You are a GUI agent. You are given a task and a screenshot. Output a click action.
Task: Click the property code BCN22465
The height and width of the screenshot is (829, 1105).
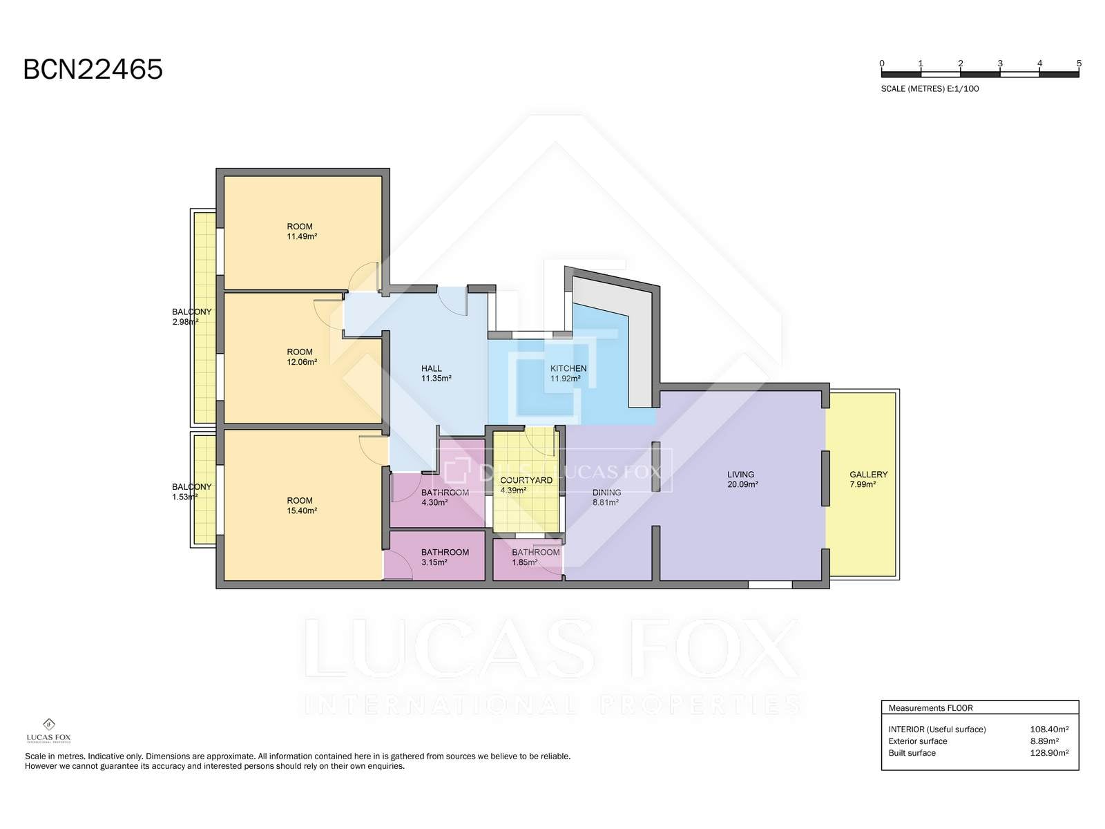click(93, 70)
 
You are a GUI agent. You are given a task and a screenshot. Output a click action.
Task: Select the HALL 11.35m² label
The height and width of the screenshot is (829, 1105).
click(436, 374)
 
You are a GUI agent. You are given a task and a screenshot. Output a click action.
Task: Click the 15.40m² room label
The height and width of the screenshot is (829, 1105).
click(302, 506)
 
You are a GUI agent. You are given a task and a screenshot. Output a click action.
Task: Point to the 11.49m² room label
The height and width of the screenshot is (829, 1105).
click(302, 231)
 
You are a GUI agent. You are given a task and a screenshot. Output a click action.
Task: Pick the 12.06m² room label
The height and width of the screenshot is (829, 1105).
click(302, 357)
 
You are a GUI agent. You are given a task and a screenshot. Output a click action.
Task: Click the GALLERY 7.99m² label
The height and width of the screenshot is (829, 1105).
click(868, 479)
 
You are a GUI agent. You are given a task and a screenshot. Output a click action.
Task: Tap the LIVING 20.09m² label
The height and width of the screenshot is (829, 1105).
click(742, 479)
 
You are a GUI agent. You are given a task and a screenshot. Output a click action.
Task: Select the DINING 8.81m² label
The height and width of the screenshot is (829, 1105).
click(606, 497)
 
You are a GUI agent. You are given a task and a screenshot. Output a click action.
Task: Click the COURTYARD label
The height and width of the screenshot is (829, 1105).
click(526, 480)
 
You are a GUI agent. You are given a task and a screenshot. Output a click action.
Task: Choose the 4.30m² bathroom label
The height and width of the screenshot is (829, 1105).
click(445, 497)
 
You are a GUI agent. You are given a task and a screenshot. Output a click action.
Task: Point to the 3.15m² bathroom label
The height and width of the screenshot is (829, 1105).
click(445, 558)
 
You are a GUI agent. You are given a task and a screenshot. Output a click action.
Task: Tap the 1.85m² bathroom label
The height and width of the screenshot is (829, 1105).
click(536, 558)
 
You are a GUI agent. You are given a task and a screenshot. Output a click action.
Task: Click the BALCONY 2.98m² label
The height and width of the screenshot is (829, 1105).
click(192, 316)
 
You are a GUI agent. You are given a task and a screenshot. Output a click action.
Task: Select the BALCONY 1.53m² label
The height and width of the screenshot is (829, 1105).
click(192, 492)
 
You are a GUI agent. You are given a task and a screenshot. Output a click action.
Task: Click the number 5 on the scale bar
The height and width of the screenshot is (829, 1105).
click(1079, 64)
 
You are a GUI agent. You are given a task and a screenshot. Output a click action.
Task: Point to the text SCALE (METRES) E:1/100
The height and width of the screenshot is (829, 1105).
click(930, 89)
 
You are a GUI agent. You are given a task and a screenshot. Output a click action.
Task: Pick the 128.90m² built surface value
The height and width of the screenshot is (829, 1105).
click(1049, 753)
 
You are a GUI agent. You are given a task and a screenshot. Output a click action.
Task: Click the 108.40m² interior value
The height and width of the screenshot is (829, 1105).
click(1049, 730)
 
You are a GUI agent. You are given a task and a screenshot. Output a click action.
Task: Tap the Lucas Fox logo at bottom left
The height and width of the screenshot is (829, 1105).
click(48, 731)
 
